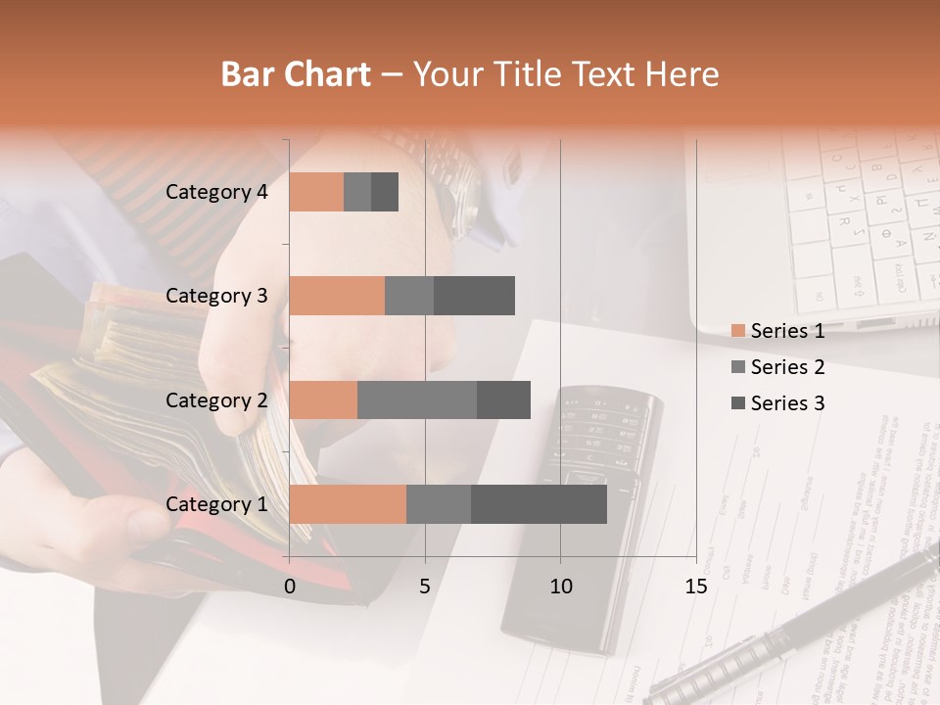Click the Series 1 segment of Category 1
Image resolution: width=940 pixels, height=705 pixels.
pyautogui.click(x=348, y=504)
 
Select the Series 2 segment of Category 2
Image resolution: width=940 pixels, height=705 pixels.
pyautogui.click(x=417, y=399)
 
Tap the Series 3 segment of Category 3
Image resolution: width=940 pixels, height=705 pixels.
pyautogui.click(x=474, y=296)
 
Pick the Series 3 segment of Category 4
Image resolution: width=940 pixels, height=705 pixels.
pyautogui.click(x=385, y=192)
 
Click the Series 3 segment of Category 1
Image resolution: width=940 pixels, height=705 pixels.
pyautogui.click(x=539, y=504)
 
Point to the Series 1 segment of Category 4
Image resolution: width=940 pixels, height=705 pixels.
pyautogui.click(x=316, y=192)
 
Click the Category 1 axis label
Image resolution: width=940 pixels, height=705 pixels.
pyautogui.click(x=216, y=504)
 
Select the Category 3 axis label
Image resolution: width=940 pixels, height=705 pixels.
pyautogui.click(x=216, y=296)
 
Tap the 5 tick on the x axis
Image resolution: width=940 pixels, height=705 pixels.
pyautogui.click(x=425, y=587)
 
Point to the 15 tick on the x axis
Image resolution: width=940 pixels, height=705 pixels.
pyautogui.click(x=696, y=587)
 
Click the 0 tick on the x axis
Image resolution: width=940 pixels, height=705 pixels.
pyautogui.click(x=290, y=587)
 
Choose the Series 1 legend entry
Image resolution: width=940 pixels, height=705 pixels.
pyautogui.click(x=787, y=331)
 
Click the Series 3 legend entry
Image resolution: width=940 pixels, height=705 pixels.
pyautogui.click(x=787, y=403)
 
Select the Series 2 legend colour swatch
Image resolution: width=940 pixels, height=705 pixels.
pyautogui.click(x=737, y=367)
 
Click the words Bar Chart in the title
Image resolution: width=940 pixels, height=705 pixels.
pyautogui.click(x=296, y=74)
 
